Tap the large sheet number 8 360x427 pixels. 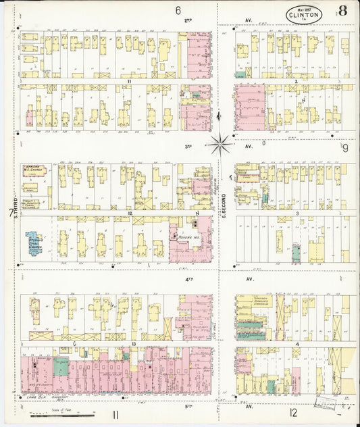coord(344,11)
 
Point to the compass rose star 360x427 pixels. coord(220,142)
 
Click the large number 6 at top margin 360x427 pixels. coord(178,10)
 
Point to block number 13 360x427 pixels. coord(134,344)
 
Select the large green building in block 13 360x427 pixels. coord(61,366)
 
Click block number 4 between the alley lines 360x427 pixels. coord(297,344)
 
